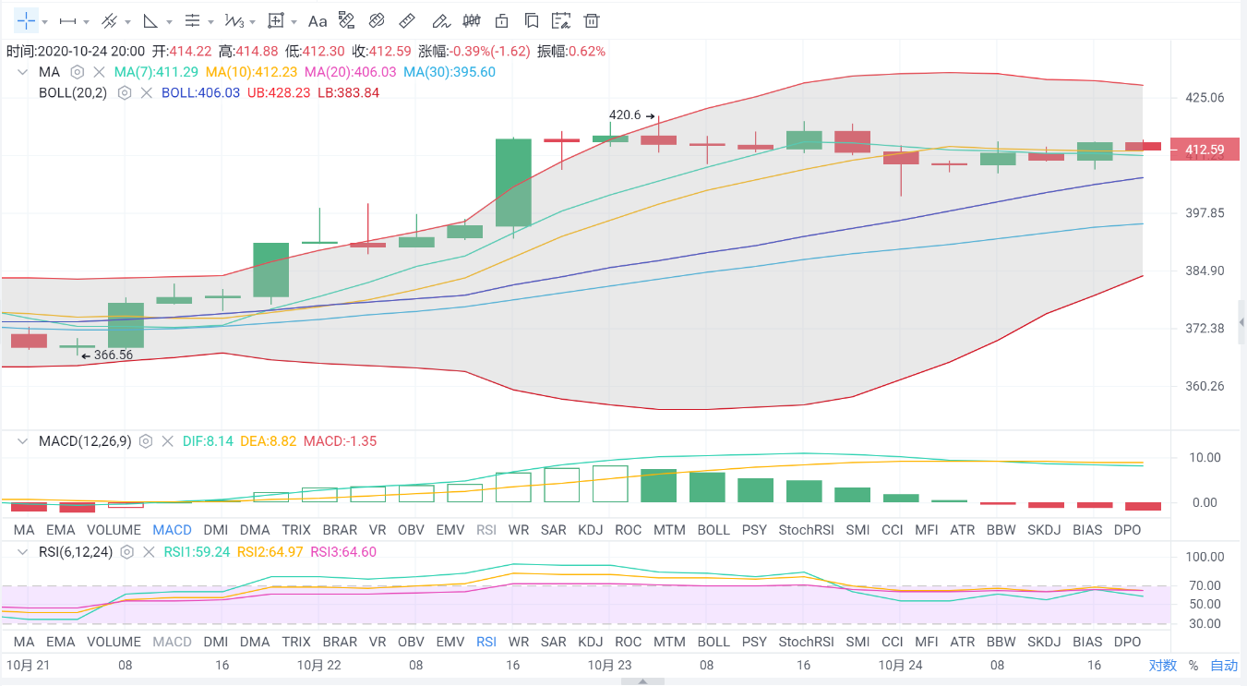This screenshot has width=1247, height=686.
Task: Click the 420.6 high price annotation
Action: coord(625,115)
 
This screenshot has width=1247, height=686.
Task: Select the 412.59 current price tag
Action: coord(1205,150)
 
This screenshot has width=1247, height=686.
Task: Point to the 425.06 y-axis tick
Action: coord(1205,98)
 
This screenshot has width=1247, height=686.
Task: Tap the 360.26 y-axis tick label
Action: coord(1205,386)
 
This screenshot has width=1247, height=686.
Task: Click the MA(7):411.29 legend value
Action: coord(155,72)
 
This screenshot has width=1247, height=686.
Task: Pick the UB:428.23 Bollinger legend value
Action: coord(279,92)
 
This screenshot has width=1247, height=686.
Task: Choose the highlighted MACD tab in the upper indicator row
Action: coord(172,530)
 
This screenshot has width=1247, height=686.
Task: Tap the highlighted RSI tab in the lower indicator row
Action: coord(486,642)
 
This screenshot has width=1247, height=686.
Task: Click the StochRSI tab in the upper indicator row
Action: coord(806,530)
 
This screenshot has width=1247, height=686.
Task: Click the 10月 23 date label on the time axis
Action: coord(609,665)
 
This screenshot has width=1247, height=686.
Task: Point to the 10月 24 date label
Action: coord(900,665)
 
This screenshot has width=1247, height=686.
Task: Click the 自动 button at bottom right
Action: coord(1224,665)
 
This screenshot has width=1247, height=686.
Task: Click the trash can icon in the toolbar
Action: coord(592,20)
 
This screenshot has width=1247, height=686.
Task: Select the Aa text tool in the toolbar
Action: coord(318,20)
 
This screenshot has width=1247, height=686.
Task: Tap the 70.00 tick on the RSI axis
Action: coord(1205,585)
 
